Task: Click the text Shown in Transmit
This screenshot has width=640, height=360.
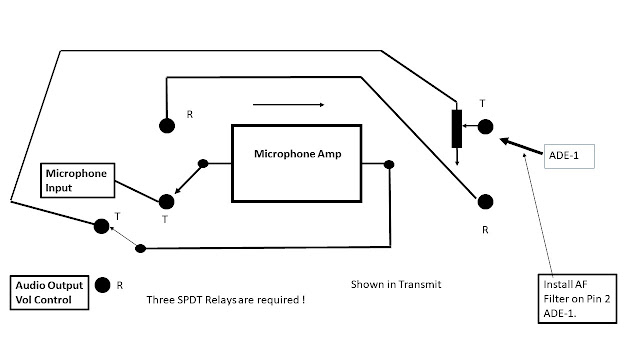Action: point(396,284)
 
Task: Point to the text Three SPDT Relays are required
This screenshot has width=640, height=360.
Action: point(226,300)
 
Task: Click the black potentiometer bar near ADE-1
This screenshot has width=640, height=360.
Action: point(457,129)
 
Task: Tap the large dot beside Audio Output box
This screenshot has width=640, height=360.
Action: point(102,285)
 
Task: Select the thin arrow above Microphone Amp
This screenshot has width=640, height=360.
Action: point(289,105)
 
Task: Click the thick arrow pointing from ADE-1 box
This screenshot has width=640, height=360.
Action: point(522,147)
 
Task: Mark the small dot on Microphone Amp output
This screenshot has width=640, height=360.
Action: point(389,164)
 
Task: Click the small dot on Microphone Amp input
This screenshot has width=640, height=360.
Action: point(203,164)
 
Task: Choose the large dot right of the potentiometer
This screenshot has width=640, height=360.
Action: point(485,127)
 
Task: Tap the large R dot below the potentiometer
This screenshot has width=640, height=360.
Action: point(485,202)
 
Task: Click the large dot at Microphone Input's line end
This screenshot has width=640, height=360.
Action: point(166,202)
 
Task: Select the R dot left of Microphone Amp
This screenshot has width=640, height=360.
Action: point(167,126)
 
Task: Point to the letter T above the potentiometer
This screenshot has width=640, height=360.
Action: point(482,104)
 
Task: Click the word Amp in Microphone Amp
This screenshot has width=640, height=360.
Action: point(330,154)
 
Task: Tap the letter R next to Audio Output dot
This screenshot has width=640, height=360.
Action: point(120,285)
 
